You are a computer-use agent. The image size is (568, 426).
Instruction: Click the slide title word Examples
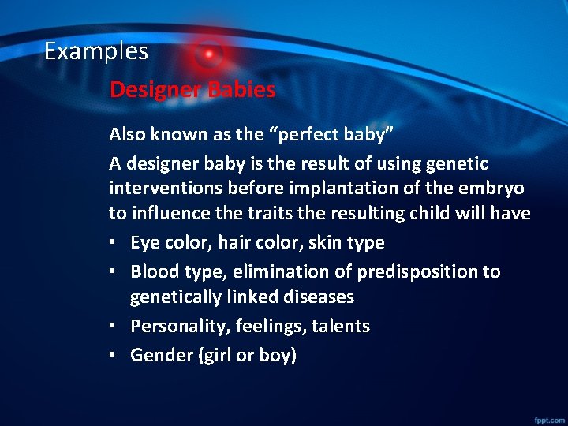(x=95, y=51)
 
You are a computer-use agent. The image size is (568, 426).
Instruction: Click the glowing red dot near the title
(x=209, y=54)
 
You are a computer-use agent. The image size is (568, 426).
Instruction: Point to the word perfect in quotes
(x=310, y=135)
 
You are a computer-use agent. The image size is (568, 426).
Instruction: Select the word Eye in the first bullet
(x=144, y=243)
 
